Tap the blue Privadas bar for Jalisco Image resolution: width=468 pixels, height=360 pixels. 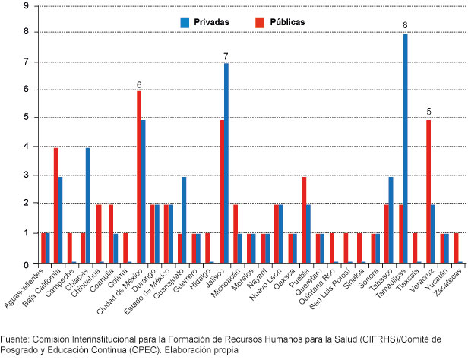(226, 163)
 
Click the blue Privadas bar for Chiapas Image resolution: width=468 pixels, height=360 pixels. (88, 205)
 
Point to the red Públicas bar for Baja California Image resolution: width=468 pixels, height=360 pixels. (55, 205)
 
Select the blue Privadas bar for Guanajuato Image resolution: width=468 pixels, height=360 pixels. (185, 219)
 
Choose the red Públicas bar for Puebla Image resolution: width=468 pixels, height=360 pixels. (304, 219)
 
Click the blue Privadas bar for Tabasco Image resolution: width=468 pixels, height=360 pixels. (391, 219)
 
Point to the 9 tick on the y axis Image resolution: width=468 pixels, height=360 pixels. (27, 5)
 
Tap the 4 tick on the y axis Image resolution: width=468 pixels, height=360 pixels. (27, 147)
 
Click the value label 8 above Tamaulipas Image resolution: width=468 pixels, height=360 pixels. (406, 26)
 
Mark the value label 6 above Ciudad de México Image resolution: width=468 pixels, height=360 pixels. (139, 84)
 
